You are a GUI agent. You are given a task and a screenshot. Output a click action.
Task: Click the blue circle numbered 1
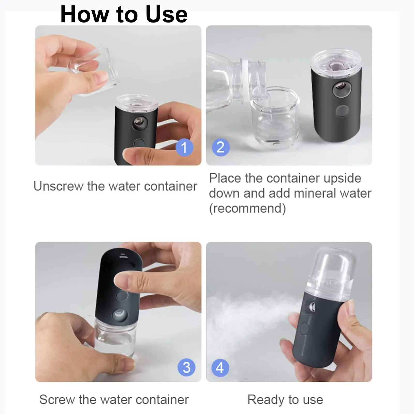pyautogui.click(x=184, y=147)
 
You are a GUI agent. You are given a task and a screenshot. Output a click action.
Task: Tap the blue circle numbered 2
pyautogui.click(x=220, y=147)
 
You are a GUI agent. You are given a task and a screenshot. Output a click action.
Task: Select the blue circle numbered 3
pyautogui.click(x=186, y=367)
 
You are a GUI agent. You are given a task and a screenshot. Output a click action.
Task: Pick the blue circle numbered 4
pyautogui.click(x=220, y=367)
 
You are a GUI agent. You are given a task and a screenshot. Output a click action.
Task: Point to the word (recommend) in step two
pyautogui.click(x=247, y=208)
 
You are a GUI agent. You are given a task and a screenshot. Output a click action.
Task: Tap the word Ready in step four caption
pyautogui.click(x=266, y=400)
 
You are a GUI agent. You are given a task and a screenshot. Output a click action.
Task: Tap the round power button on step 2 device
pyautogui.click(x=342, y=111)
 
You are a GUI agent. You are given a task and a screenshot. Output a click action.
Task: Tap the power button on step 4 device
pyautogui.click(x=305, y=329)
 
